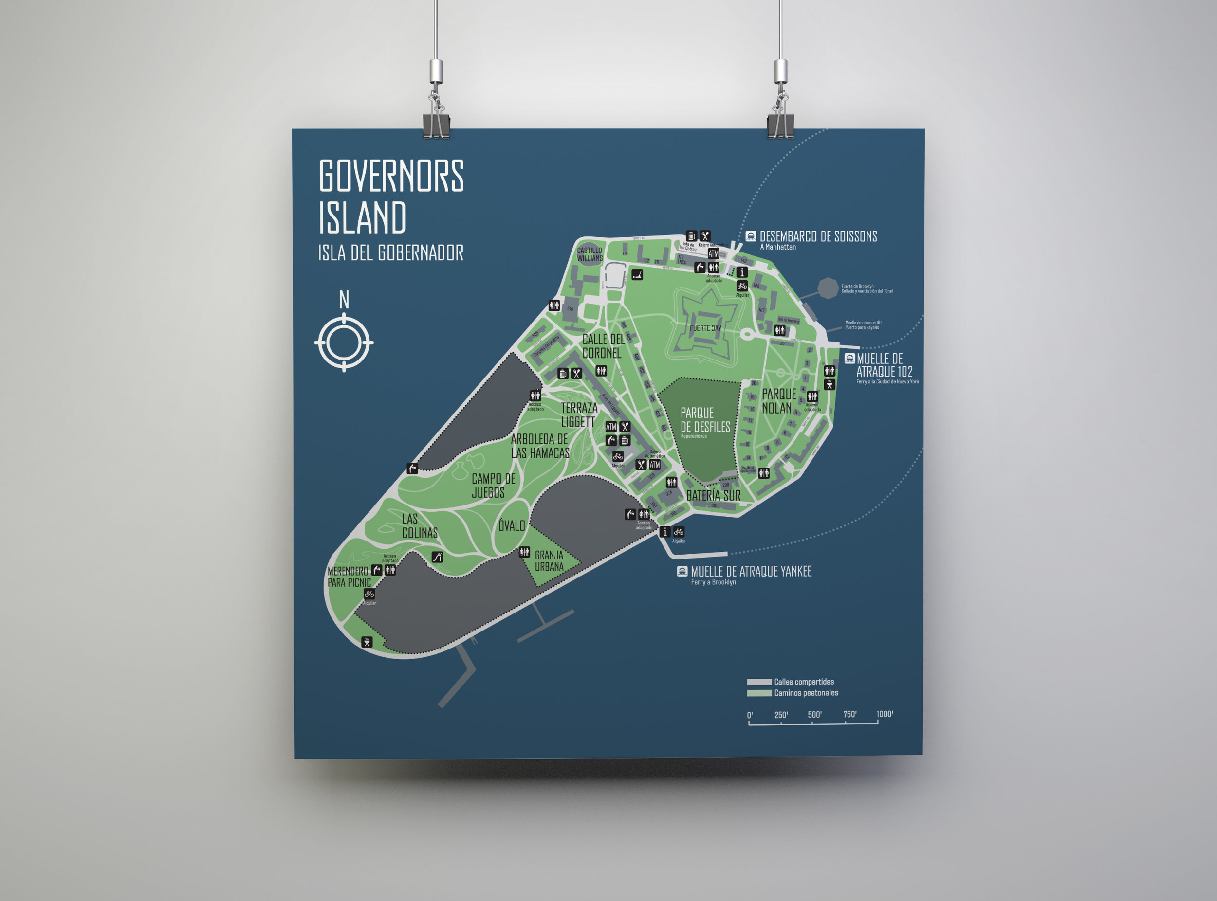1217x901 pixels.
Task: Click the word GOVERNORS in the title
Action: [x=391, y=176]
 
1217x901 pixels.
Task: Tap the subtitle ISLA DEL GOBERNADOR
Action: [x=391, y=253]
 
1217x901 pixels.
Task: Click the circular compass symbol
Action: [x=344, y=342]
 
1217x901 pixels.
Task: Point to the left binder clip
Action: [x=436, y=126]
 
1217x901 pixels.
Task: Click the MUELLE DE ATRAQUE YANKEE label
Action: [x=751, y=572]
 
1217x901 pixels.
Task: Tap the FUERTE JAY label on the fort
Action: [x=705, y=328]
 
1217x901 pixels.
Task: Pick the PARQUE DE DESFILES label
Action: [x=704, y=420]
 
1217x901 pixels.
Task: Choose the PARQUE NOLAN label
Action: [x=779, y=401]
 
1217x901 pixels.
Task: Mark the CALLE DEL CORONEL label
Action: [x=603, y=346]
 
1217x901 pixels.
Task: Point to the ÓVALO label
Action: [x=511, y=526]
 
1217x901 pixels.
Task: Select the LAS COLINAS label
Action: [x=420, y=526]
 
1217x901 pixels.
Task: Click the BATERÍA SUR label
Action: [x=713, y=496]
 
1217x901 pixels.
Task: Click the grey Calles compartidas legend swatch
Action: [x=758, y=682]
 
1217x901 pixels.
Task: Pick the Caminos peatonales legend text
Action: [x=806, y=693]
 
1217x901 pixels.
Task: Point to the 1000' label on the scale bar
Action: [x=884, y=714]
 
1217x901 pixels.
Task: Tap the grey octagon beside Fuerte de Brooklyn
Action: [x=828, y=288]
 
